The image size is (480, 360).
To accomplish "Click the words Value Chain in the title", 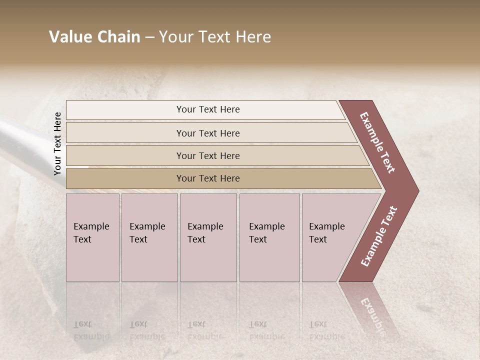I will point(94,37).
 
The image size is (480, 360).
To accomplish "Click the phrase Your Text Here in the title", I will point(215,37).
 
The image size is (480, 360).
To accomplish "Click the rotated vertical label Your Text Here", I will point(57,143).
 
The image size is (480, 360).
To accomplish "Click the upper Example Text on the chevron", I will point(377,142).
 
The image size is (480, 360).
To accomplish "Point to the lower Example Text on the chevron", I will point(379,236).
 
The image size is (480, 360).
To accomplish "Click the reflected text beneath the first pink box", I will point(91,330).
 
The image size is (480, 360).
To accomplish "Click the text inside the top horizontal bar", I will point(208,109).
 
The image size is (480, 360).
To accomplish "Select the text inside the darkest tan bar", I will point(208,178).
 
